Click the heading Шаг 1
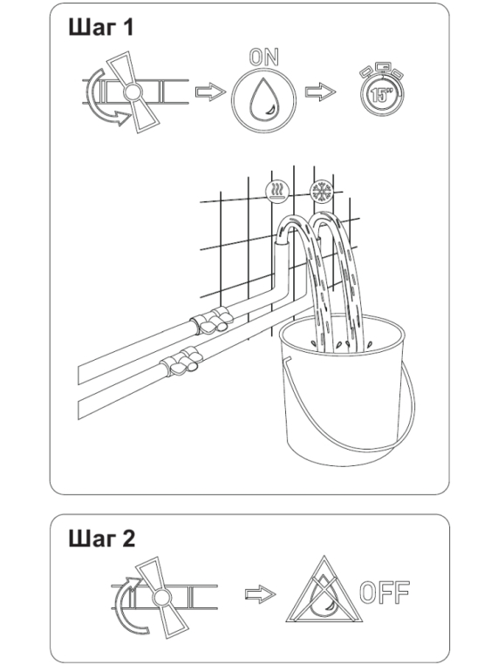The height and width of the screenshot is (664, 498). [101, 28]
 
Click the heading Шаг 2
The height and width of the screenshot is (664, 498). [102, 539]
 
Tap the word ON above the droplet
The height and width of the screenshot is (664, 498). [263, 58]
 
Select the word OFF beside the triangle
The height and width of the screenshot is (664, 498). [385, 592]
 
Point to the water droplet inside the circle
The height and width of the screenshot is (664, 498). [263, 100]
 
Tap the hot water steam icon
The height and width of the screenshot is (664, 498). [277, 192]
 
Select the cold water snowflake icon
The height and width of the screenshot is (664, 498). [322, 192]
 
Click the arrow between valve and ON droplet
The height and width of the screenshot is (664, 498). [210, 91]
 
